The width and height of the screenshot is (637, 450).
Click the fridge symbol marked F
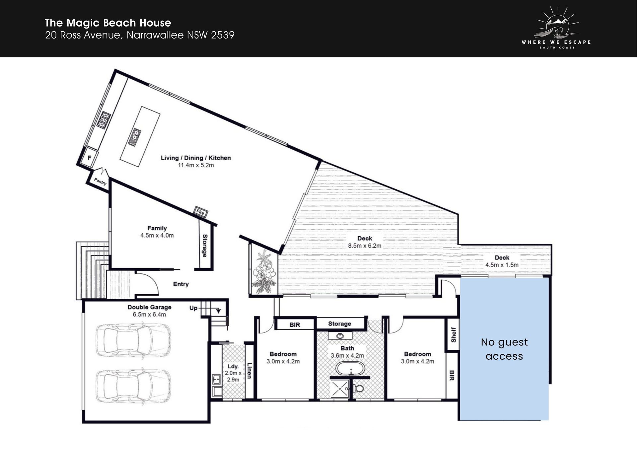coord(89,158)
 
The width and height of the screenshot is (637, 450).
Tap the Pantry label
coord(100,182)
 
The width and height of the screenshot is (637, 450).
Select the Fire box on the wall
coord(200,211)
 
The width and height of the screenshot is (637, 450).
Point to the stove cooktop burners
coord(104,120)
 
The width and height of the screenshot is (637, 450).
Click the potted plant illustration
coord(264,271)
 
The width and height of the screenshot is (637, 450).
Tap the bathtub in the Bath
coord(350,368)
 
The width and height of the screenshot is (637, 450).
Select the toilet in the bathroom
coord(357,388)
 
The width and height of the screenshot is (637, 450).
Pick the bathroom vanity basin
coord(340,336)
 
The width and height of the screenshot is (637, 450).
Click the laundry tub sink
coord(216,379)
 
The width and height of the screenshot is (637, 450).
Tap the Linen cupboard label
coord(249,370)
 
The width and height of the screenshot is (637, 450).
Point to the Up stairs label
coord(193,308)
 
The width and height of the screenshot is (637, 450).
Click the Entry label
coord(181,284)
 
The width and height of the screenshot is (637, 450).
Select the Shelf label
coord(454,335)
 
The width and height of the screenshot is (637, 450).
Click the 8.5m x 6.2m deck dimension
coord(365,246)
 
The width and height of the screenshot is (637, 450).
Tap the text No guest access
coord(504,349)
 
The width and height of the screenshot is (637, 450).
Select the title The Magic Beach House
coord(108,23)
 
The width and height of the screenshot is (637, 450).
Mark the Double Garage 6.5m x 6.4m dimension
coord(149,315)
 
